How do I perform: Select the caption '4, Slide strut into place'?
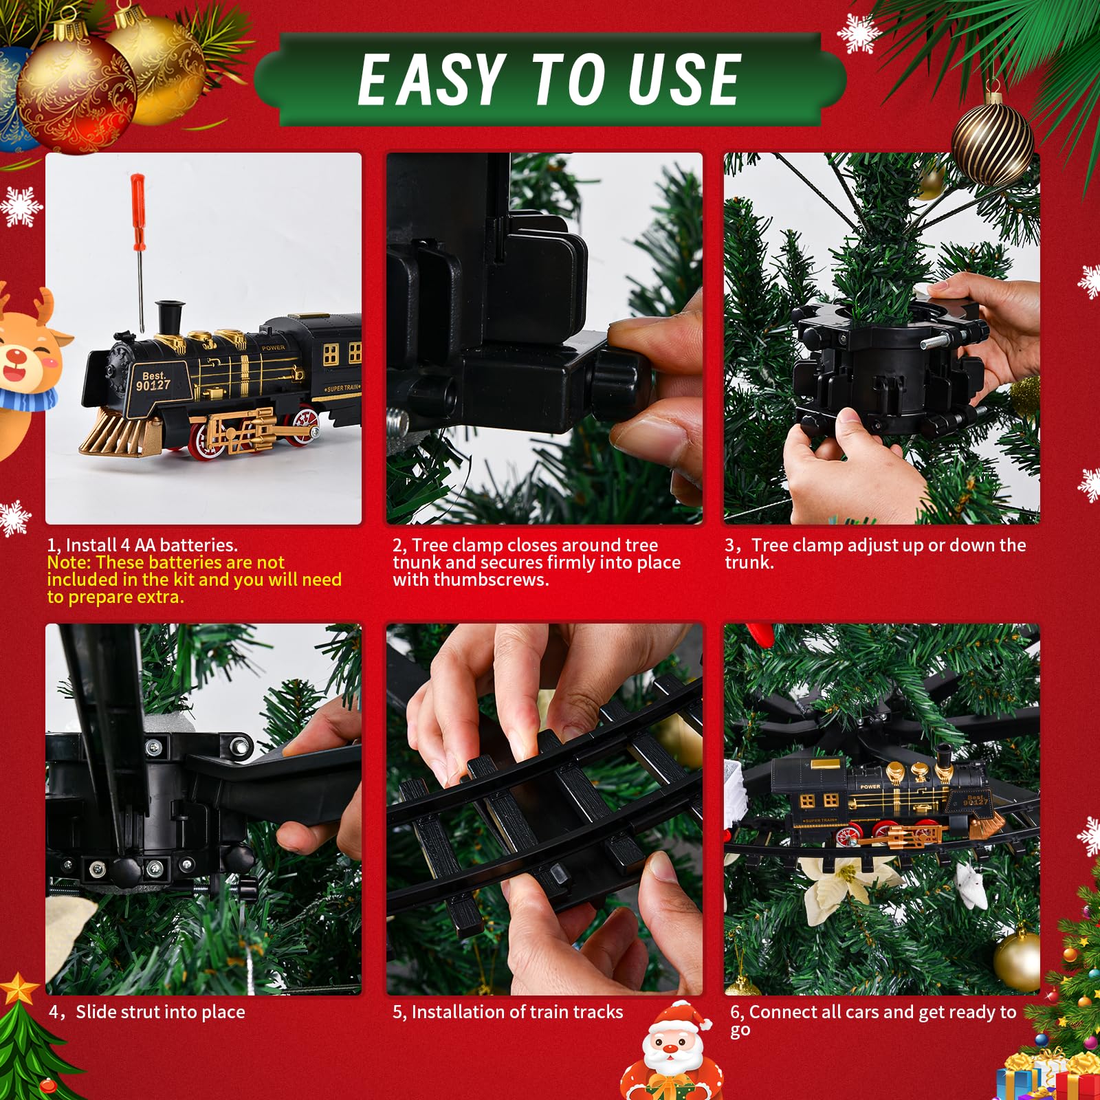[x=146, y=1012]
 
